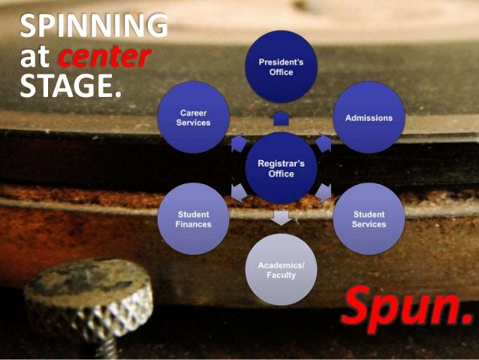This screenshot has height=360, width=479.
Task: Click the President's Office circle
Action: (282, 67)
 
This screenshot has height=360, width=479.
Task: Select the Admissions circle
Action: (369, 118)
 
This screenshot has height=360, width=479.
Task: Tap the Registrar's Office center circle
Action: (281, 168)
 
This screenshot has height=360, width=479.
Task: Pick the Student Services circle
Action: (369, 219)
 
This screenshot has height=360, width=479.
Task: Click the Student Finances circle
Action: (194, 219)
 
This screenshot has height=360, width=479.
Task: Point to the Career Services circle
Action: (194, 117)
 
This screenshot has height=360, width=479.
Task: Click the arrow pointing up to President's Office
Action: (282, 118)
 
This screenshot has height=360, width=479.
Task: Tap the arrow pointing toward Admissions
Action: (324, 142)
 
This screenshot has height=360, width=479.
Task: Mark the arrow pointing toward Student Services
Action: (324, 193)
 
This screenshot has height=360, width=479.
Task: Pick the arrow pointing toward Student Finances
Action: (238, 193)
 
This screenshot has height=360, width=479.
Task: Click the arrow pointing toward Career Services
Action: (238, 143)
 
